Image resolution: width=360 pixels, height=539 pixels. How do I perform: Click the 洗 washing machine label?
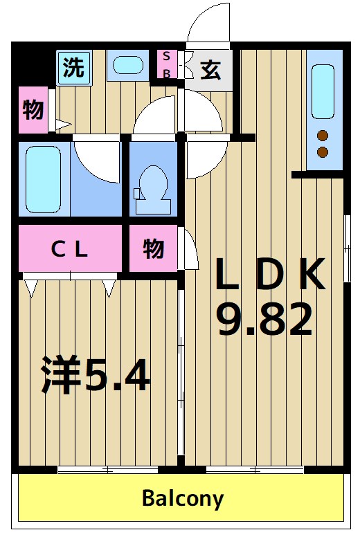pos(73,67)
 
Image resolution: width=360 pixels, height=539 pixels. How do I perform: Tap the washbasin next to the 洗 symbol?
pos(127,66)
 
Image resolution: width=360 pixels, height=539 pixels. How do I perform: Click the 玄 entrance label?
pos(211,70)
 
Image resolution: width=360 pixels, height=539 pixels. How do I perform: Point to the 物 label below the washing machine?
pos(33,109)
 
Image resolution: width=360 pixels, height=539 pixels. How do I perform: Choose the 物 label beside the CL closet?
pos(154,248)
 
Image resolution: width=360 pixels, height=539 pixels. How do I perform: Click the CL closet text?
pos(70,249)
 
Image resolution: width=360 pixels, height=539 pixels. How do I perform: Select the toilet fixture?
pos(152,188)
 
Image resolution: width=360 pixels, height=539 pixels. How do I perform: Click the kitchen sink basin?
pos(323,91)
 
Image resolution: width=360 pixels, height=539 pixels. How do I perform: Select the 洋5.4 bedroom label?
pos(94,375)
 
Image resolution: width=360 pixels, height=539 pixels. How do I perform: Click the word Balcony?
pos(183,497)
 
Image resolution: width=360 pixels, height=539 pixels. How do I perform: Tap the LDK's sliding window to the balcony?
pos(255,471)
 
